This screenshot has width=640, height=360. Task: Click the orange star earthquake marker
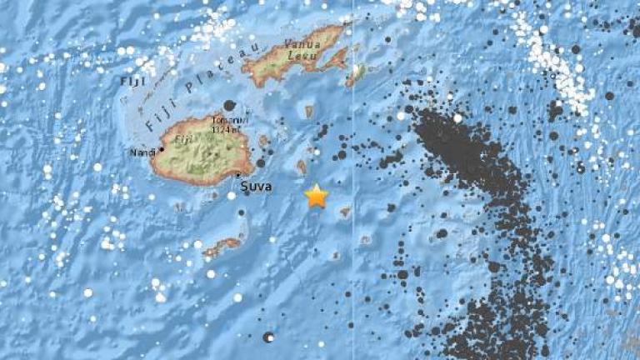tap(316, 196)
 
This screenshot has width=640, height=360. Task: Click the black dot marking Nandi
tap(161, 148)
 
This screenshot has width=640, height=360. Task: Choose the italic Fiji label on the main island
tap(184, 141)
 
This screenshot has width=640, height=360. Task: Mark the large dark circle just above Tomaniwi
tap(229, 105)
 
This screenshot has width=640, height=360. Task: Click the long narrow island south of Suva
tap(221, 247)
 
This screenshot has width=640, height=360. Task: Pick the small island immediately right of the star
tap(345, 212)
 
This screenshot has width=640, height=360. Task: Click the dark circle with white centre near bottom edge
tap(268, 337)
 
